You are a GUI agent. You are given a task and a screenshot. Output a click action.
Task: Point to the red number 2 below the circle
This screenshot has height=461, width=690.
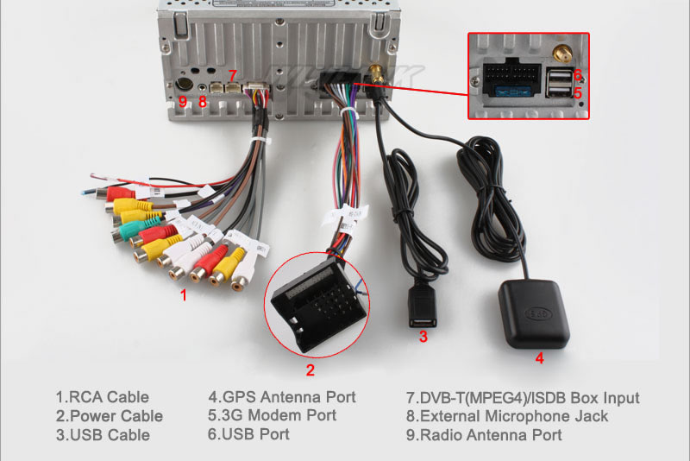coord(310,372)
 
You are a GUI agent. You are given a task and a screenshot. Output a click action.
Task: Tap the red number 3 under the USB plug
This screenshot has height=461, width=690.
coord(423,338)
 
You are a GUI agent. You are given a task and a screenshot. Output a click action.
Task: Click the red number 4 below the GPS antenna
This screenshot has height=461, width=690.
coord(539,357)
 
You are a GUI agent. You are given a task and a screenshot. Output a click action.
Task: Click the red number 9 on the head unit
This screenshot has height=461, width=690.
coord(182,103)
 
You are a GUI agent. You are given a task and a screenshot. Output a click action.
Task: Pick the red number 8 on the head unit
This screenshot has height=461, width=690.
coord(203,103)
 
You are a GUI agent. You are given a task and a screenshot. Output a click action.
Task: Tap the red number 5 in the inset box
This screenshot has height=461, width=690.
coord(578,92)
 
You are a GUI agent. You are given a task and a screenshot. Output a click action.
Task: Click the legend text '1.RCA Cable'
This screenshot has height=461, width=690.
coord(102,397)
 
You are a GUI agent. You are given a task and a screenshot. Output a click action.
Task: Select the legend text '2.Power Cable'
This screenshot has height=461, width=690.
coord(109,416)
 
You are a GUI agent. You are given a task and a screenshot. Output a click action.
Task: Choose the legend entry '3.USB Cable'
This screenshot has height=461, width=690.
coord(103,435)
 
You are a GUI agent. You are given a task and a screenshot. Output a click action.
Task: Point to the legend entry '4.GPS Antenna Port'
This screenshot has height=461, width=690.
coord(281,397)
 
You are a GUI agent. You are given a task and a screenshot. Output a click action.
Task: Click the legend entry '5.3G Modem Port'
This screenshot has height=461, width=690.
coord(273,416)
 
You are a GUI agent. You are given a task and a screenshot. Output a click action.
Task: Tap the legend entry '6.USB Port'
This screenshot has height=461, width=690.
coord(250,435)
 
